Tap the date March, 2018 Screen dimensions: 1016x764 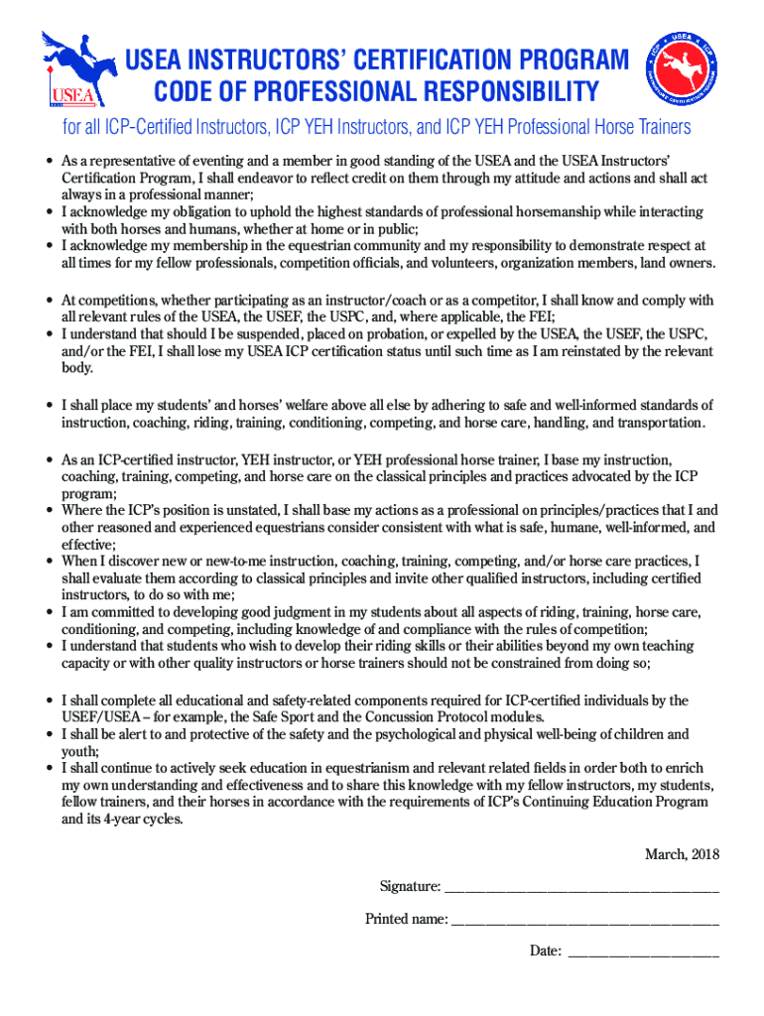point(682,854)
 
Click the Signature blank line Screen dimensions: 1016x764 point(580,887)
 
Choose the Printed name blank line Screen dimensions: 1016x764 point(584,920)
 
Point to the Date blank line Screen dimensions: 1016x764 point(642,952)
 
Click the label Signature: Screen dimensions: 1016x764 point(409,886)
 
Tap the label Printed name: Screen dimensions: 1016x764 point(406,919)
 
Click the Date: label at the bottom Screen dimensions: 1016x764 point(545,952)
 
